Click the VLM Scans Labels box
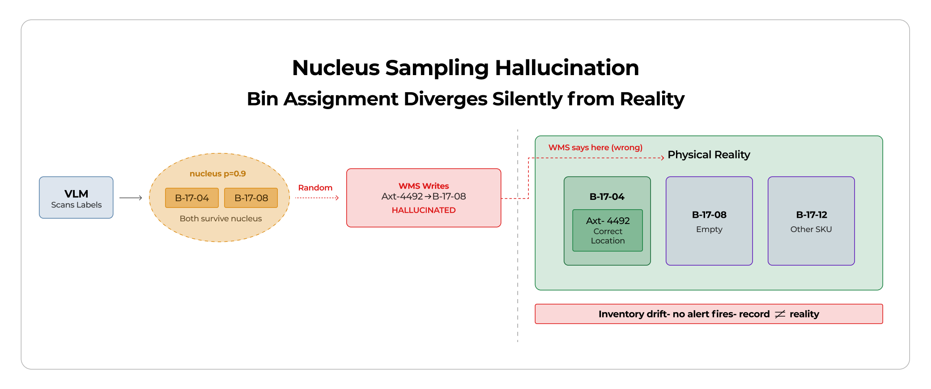coord(76,198)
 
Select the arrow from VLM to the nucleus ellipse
coord(131,198)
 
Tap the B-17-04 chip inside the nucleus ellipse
coord(191,198)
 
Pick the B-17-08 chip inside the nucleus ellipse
coord(251,198)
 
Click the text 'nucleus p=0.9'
coord(217,173)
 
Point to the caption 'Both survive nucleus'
coord(221,219)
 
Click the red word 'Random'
coord(315,188)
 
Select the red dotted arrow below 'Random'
coord(317,198)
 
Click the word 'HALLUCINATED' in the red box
coord(423,210)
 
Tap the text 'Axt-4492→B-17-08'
coord(423,196)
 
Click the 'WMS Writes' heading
coord(423,186)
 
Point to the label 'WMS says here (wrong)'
coord(595,148)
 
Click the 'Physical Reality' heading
coord(709,155)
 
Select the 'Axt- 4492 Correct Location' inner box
coord(608,231)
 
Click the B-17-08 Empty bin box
coord(709,221)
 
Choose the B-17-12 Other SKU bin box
coord(811,221)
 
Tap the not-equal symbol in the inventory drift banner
coord(780,314)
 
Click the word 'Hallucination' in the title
coord(566,68)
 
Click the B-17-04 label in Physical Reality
coord(607,197)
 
